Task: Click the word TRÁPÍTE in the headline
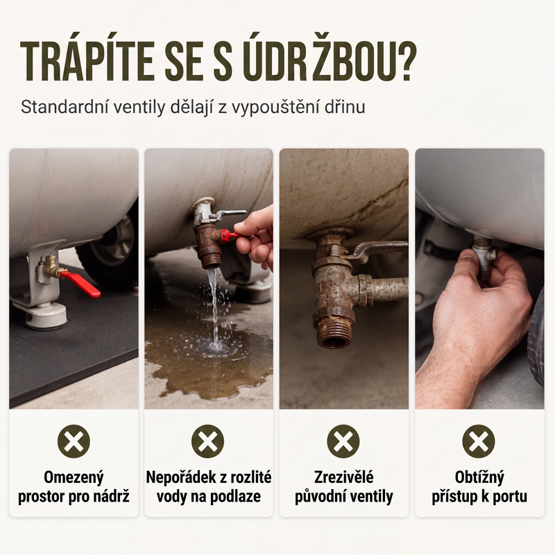[87, 62]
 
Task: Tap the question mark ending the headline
[405, 62]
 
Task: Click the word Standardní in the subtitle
[63, 107]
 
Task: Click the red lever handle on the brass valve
[80, 283]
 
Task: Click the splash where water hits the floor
[214, 345]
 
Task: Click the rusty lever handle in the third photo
[378, 248]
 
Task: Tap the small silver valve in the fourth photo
[484, 257]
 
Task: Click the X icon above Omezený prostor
[74, 441]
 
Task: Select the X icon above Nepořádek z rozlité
[207, 441]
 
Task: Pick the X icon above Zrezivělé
[343, 441]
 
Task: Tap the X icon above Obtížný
[479, 441]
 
